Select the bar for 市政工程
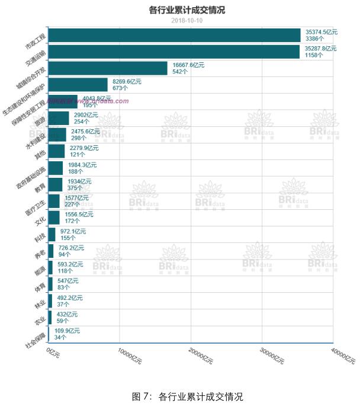174,35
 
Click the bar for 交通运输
173,52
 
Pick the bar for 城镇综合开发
107,68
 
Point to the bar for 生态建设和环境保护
78,85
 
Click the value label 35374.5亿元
321,31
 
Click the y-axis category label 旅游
40,120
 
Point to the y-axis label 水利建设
35,141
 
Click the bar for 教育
55,184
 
